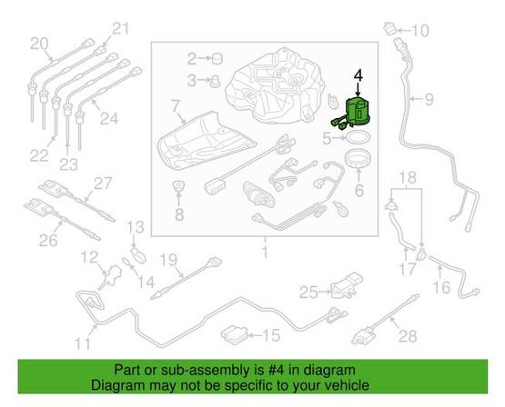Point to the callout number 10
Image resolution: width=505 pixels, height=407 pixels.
pos(419,32)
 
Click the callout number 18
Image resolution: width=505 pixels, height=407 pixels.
pos(406,176)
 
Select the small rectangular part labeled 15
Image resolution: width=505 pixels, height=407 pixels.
pos(239,333)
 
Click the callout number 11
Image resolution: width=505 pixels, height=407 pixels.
pos(83,343)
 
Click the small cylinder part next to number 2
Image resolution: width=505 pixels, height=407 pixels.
pos(218,60)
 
